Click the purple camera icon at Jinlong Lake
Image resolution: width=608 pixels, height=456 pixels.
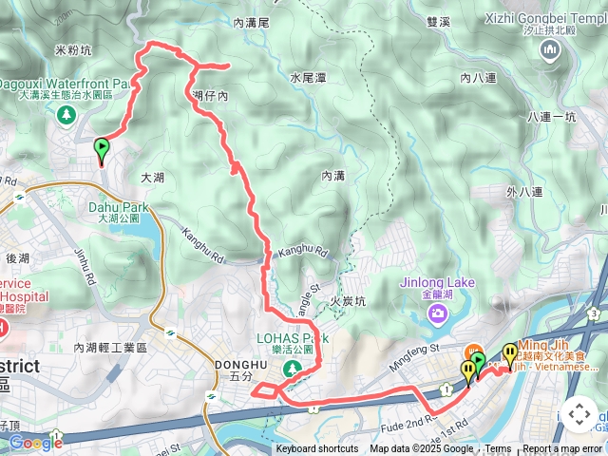point(438,312)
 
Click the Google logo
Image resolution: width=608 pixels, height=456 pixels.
point(35,442)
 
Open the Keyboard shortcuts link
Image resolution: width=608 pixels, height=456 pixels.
point(316,449)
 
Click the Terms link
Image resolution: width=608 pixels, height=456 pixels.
point(498,449)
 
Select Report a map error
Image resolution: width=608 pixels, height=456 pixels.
point(562,449)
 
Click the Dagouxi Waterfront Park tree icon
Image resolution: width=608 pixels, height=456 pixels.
point(66,116)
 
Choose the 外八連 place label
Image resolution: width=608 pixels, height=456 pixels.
point(524,192)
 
